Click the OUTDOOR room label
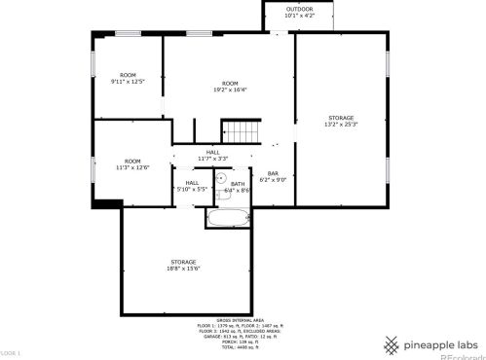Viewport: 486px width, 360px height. point(299,9)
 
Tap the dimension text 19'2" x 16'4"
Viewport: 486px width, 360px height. point(230,90)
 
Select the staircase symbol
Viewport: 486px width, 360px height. point(242,130)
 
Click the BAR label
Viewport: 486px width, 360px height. point(274,173)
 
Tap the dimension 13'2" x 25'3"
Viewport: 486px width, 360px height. point(341,124)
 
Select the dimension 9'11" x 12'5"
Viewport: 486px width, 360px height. point(128,82)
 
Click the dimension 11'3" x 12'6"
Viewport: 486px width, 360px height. point(131,167)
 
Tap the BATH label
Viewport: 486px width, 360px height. point(238,184)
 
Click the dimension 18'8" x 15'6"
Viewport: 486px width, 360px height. point(183,268)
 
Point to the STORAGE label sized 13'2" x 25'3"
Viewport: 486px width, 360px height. point(341,117)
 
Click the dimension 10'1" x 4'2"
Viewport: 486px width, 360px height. point(299,16)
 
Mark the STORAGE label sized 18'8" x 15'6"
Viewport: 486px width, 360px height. point(183,261)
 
